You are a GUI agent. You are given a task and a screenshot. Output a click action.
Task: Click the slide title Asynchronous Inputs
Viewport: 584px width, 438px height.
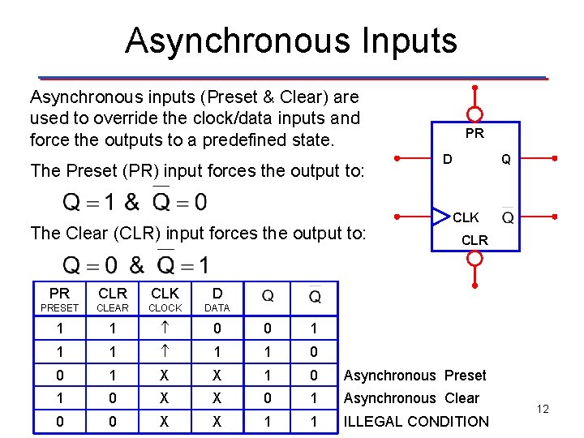[291, 41]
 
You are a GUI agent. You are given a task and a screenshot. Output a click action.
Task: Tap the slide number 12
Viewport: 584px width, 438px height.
[543, 409]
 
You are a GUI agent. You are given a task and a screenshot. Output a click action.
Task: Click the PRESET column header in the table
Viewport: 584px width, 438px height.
[59, 299]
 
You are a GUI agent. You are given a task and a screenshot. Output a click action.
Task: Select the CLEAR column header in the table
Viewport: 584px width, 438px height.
[113, 299]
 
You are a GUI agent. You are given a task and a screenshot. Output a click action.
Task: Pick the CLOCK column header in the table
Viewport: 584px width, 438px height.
[165, 299]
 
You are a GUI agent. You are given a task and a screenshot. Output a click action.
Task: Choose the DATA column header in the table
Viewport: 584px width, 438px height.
[217, 299]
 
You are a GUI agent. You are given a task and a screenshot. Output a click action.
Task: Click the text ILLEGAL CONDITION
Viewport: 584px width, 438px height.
[416, 421]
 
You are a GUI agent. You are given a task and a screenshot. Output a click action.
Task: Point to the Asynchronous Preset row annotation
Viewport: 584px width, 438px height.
[414, 376]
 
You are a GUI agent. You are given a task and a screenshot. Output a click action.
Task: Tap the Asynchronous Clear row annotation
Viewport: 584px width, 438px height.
[411, 398]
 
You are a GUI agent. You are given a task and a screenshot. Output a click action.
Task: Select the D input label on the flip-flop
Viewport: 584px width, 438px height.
[447, 159]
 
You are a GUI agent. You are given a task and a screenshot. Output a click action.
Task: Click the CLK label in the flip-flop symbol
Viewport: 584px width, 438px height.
[466, 217]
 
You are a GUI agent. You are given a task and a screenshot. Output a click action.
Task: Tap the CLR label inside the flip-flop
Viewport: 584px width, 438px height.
[474, 240]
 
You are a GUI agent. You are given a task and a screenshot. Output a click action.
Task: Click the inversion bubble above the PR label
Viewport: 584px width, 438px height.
[474, 114]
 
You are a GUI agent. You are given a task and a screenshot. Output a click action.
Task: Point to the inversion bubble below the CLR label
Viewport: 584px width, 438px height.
[474, 259]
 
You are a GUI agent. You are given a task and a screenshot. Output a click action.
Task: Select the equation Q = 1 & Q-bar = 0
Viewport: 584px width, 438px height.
[135, 200]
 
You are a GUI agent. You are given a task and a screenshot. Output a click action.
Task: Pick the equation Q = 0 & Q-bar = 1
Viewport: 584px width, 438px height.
[135, 264]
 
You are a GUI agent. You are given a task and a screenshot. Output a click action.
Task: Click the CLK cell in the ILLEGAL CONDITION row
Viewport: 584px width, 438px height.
[165, 421]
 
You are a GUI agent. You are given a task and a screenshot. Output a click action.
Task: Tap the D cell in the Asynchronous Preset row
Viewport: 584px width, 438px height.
[217, 376]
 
